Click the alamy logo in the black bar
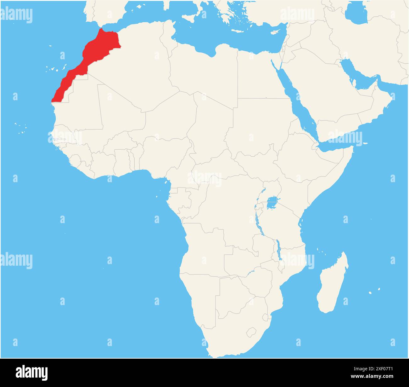click(x=32, y=372)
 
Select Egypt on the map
click(x=258, y=76)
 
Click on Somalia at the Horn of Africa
click(x=333, y=170)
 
